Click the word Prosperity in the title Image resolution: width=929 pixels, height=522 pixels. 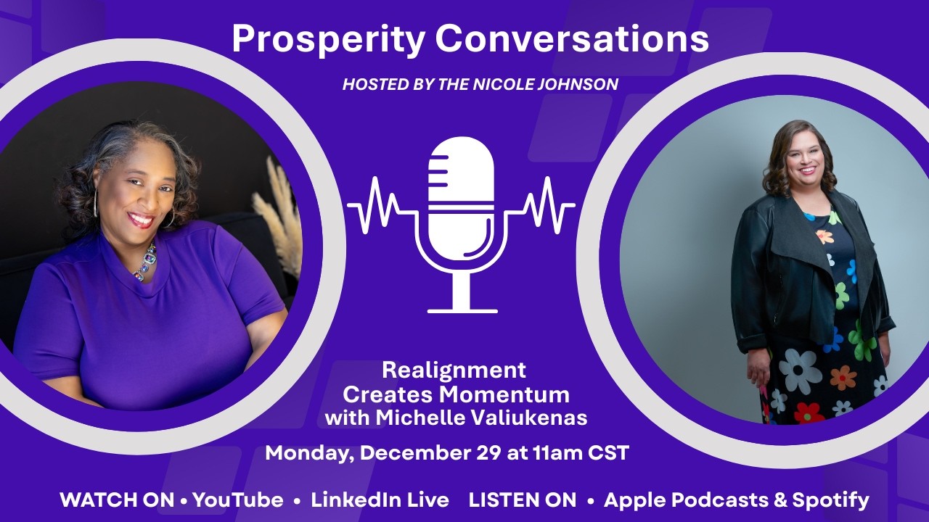click(327, 40)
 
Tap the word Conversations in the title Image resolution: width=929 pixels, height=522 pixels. click(570, 39)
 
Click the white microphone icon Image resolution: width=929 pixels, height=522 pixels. click(462, 217)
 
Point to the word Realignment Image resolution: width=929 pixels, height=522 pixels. click(454, 370)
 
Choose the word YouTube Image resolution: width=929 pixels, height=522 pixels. click(237, 500)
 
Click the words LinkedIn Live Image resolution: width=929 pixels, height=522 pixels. click(380, 500)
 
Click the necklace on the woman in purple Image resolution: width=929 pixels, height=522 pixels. click(145, 262)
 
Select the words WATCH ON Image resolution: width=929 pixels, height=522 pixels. click(117, 500)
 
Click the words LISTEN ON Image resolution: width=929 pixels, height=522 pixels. click(523, 500)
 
